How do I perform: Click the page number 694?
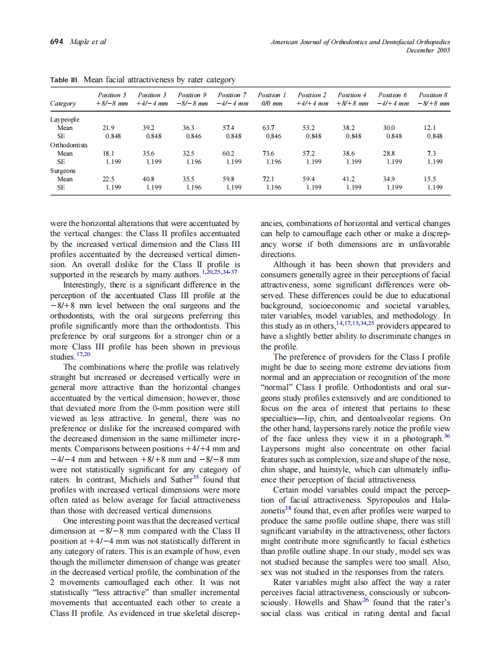pos(57,42)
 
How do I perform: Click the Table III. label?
pos(64,80)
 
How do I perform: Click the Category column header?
pos(63,104)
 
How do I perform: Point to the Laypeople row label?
pos(64,119)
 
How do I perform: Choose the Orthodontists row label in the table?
pos(69,145)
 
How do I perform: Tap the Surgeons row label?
pos(63,171)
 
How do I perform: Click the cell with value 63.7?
pos(268,128)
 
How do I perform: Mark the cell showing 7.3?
pos(432,153)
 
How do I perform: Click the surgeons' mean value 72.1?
pos(268,179)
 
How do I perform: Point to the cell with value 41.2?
pos(348,179)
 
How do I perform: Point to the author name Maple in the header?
pos(80,42)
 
